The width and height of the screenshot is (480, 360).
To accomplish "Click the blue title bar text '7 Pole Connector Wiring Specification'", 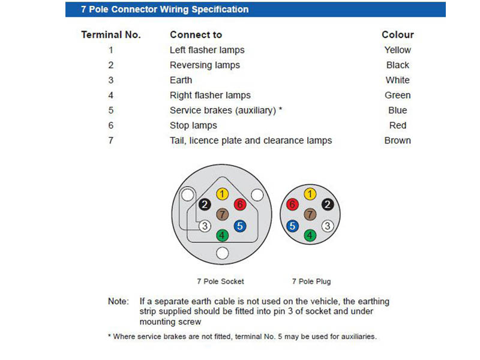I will [x=164, y=10].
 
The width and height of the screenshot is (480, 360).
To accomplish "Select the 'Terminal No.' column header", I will [x=111, y=35].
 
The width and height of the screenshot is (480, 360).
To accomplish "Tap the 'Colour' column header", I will [x=397, y=35].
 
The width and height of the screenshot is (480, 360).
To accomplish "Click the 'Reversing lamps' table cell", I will [x=205, y=65].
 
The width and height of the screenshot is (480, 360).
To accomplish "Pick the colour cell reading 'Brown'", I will [x=397, y=140].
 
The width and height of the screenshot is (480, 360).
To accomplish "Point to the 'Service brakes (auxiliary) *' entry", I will [x=226, y=110].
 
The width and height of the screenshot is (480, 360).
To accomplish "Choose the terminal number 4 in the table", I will [x=111, y=95].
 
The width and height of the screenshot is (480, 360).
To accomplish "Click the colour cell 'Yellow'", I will [x=397, y=50].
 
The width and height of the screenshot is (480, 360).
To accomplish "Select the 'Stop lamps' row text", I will [x=193, y=125].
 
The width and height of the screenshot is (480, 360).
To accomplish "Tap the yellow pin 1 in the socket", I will [x=223, y=194].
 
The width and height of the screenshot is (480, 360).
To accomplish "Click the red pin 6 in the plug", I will [x=293, y=205].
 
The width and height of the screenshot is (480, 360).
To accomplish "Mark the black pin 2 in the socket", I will [x=205, y=205].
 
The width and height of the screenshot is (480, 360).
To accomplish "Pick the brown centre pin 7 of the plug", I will [x=310, y=214].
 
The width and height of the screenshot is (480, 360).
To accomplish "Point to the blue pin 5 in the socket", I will [x=239, y=226].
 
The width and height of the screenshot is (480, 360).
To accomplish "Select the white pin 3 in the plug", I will [x=327, y=226].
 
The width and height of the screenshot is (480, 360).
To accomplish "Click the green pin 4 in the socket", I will [x=223, y=236].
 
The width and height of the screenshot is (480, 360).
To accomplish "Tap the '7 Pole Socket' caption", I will [x=220, y=281].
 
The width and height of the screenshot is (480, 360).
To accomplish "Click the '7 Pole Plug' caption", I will [x=311, y=281].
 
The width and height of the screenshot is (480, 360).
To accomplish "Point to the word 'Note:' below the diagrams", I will [x=118, y=301].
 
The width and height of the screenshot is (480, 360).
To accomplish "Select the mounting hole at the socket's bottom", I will [x=223, y=253].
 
